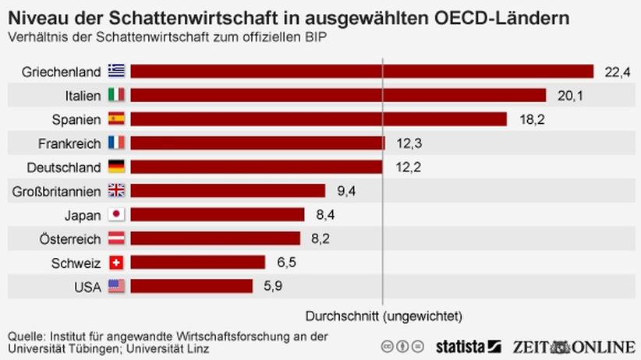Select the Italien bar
pyautogui.click(x=338, y=95)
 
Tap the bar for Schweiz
pyautogui.click(x=197, y=263)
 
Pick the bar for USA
pyautogui.click(x=191, y=287)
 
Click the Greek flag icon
pyautogui.click(x=116, y=72)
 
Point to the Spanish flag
pyautogui.click(x=116, y=119)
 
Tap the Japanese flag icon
pyautogui.click(x=116, y=215)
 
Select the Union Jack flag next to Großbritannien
pyautogui.click(x=116, y=191)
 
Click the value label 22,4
pyautogui.click(x=617, y=72)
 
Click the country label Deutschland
pyautogui.click(x=64, y=168)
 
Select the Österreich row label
pyautogui.click(x=69, y=239)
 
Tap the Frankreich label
pyautogui.click(x=69, y=143)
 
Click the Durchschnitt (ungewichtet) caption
pyautogui.click(x=383, y=316)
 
